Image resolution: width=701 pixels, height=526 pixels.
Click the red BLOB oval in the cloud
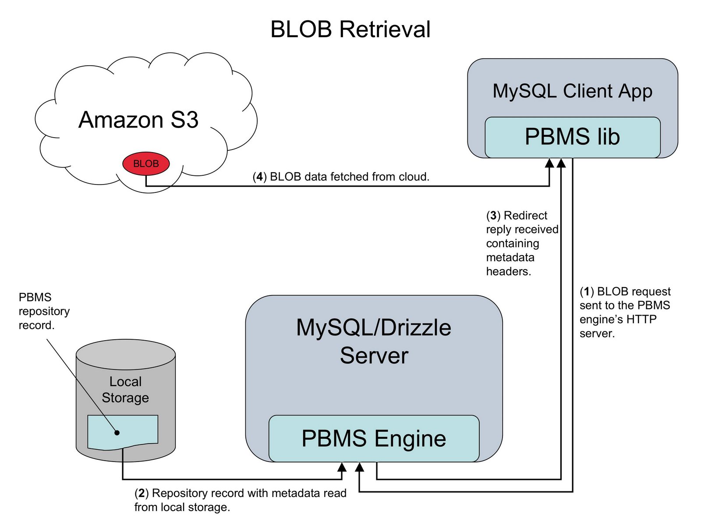(x=146, y=164)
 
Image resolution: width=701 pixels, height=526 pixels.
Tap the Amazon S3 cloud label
(x=138, y=120)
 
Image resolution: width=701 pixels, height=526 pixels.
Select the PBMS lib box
(x=572, y=137)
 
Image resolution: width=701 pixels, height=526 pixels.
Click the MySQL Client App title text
(x=572, y=91)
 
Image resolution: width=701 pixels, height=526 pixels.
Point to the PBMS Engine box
(x=374, y=438)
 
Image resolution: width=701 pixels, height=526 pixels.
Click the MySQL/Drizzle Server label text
(x=374, y=341)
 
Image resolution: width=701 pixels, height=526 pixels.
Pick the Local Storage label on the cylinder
(x=125, y=390)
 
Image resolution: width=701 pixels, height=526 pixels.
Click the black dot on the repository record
(x=117, y=433)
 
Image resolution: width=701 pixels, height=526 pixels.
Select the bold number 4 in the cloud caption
(x=260, y=177)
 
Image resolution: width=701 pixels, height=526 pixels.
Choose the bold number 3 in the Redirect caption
(x=493, y=216)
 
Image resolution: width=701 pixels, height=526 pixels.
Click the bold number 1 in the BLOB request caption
(x=587, y=292)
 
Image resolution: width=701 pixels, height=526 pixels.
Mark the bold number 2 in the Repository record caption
(x=142, y=494)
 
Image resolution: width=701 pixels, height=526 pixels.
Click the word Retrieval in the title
(x=385, y=30)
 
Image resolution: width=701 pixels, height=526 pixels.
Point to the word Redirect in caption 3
(x=525, y=216)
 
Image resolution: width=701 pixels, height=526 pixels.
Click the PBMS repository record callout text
(x=44, y=311)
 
